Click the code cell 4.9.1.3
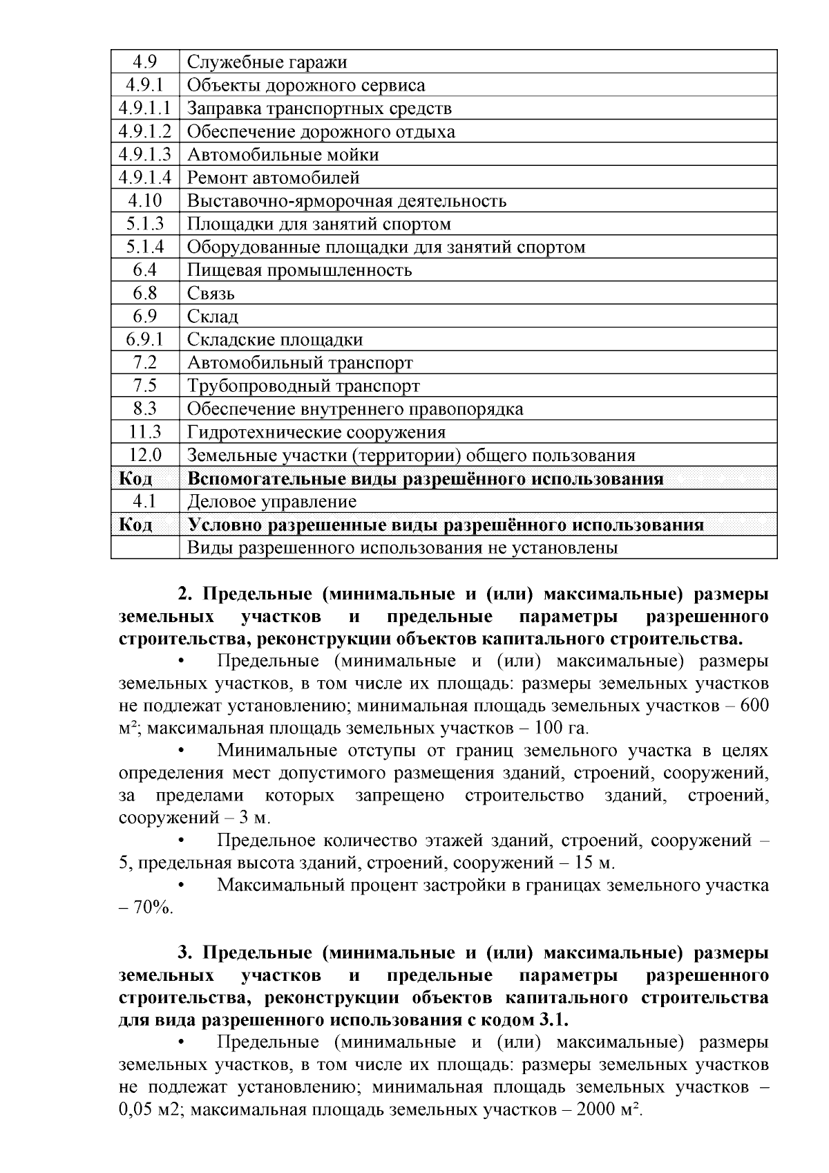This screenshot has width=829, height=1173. click(144, 155)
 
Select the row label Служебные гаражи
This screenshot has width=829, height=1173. click(267, 62)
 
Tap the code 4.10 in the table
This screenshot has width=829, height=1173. click(144, 201)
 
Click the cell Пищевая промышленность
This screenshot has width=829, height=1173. click(299, 270)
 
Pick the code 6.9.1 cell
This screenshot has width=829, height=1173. click(144, 340)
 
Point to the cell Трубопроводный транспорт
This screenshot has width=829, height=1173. click(303, 386)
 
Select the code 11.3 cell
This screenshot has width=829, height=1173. click(144, 433)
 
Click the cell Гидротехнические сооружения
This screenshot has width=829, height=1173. click(316, 433)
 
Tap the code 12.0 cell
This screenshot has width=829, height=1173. click(144, 456)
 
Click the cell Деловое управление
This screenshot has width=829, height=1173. click(272, 502)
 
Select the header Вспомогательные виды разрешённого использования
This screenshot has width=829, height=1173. click(425, 479)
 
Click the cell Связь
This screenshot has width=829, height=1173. click(211, 294)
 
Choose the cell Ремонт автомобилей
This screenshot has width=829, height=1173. click(274, 178)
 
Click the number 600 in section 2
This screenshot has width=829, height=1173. click(754, 706)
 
